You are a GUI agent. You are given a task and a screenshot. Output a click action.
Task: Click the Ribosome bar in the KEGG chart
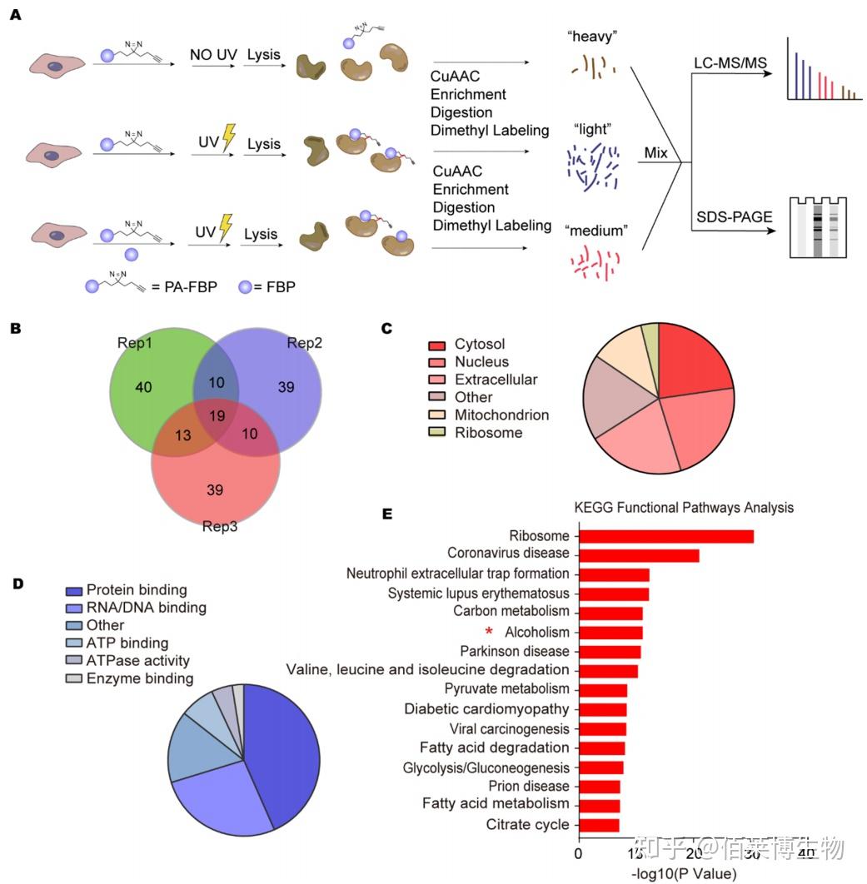coord(665,537)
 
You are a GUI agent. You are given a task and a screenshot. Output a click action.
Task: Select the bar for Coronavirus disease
coord(638,554)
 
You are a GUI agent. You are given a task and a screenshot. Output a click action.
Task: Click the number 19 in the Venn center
coord(216,416)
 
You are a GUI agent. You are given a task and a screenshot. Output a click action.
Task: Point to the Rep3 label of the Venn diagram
coord(221,526)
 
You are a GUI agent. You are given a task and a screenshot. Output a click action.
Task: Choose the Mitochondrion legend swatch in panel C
coord(438,415)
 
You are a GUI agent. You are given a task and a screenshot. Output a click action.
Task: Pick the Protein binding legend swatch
coord(74,590)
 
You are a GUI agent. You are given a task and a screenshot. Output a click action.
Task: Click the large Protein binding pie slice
coord(283,749)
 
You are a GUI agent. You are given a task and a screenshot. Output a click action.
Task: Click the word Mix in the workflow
coord(658,154)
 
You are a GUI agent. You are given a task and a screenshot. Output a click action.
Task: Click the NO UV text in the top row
coord(212,55)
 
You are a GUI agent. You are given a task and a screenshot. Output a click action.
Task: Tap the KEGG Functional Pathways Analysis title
coord(683,507)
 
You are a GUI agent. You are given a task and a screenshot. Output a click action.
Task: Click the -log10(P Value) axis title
coord(684,874)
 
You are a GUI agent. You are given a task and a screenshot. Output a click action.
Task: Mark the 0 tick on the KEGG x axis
coord(579,854)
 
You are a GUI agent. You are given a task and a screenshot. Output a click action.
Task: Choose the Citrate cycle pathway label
coord(528,825)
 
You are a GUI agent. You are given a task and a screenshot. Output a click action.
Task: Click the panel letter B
coord(14,329)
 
